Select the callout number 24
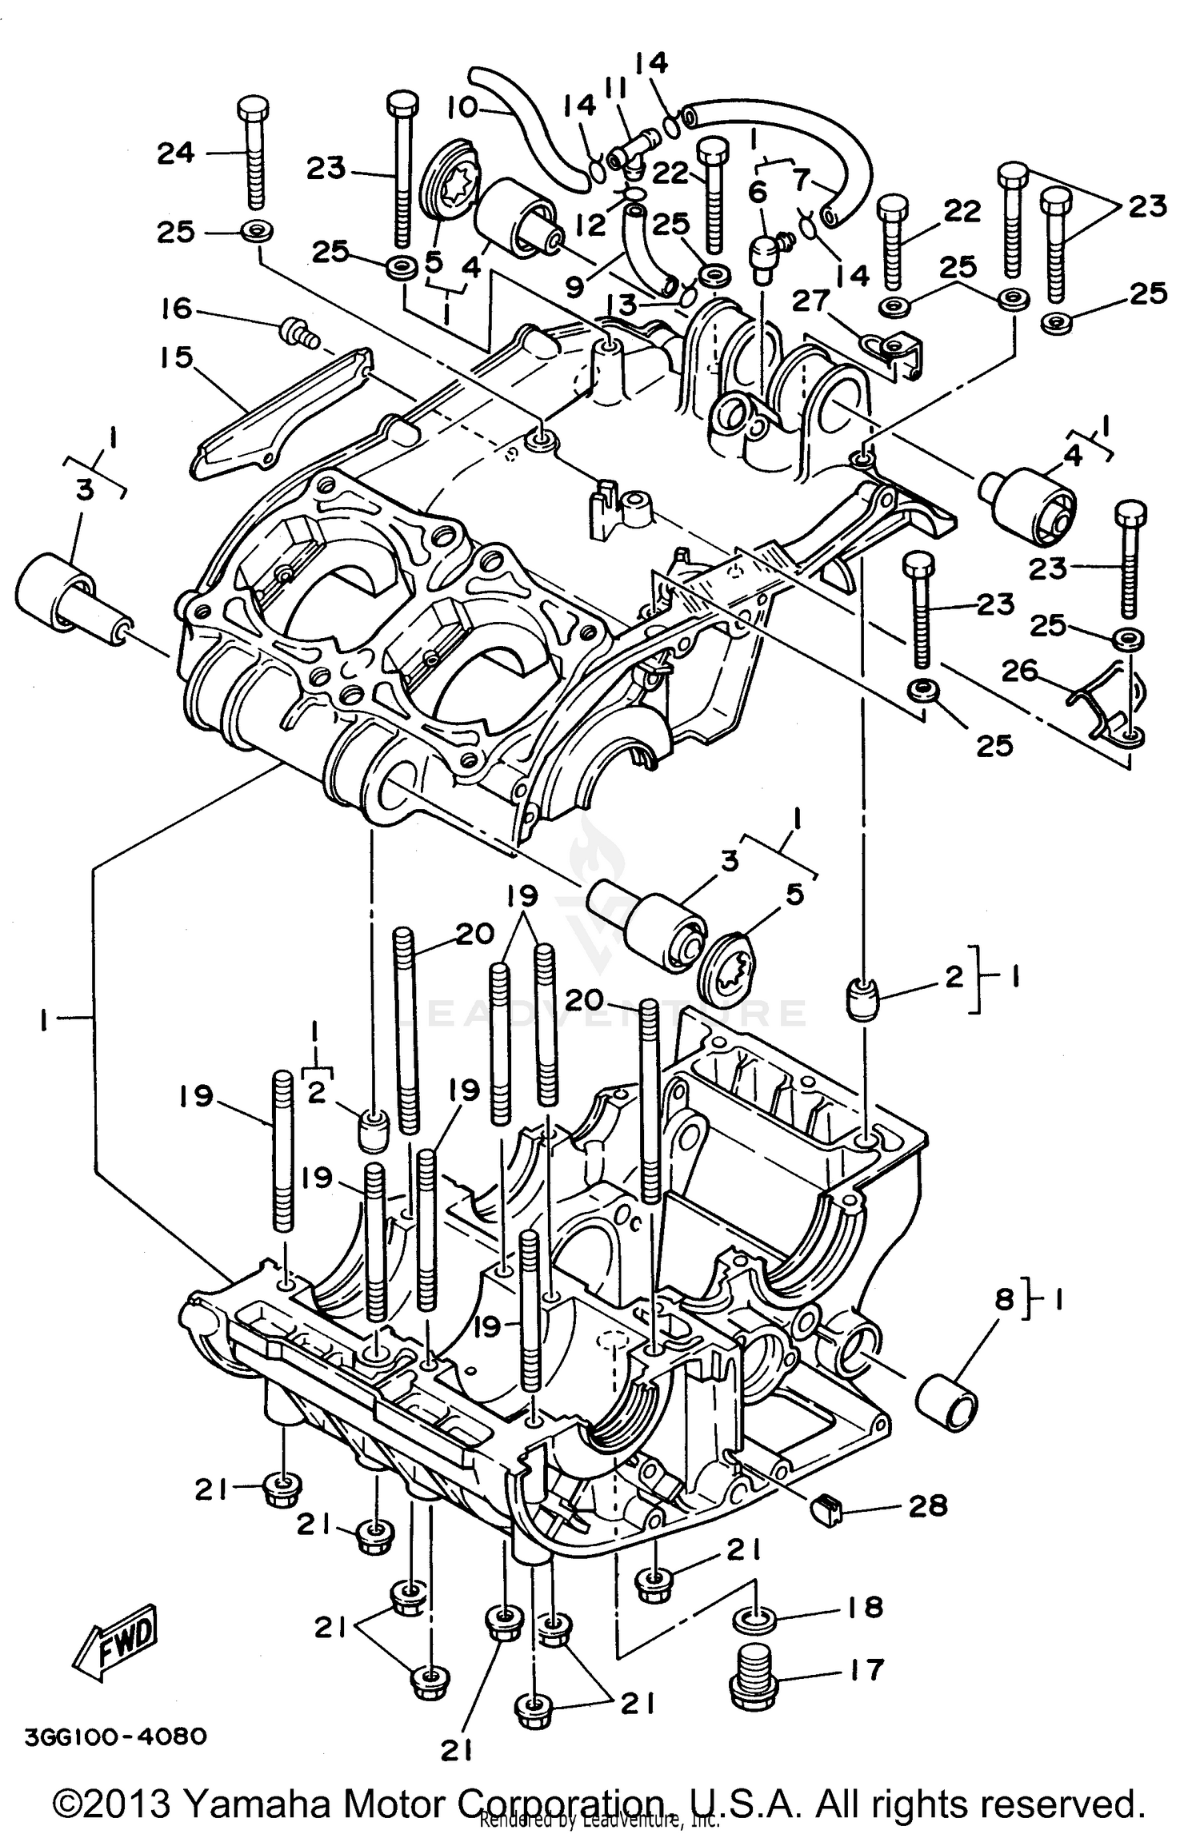tap(176, 152)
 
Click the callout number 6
tap(758, 192)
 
